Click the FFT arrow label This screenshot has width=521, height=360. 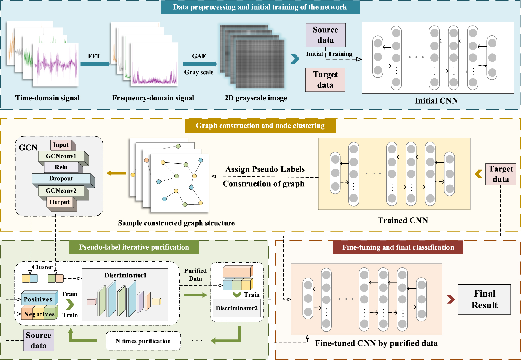pos(94,56)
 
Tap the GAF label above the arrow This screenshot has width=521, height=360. pos(199,56)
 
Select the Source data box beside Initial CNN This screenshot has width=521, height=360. pos(325,35)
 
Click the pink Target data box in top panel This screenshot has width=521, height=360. pos(325,80)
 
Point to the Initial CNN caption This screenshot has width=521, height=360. pos(436,100)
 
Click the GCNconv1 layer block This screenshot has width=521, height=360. pos(61,156)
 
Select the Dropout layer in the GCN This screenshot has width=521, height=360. pos(61,178)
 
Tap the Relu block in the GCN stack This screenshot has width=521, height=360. pos(61,167)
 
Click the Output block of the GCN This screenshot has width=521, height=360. pos(59,202)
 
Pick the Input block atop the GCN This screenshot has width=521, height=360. pos(61,145)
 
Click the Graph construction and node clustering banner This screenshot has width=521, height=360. pos(260,126)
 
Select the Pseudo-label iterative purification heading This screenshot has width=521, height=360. pos(134,247)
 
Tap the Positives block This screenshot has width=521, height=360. pos(38,299)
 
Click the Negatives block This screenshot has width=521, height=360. pos(39,314)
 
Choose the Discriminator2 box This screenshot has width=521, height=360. pos(237,308)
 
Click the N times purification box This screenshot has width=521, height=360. pos(143,341)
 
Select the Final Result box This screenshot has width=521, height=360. pos(484,299)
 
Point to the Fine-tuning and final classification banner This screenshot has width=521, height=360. pos(398,247)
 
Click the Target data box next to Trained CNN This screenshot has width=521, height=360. pos(500,174)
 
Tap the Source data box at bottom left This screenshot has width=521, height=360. pos(39,340)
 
